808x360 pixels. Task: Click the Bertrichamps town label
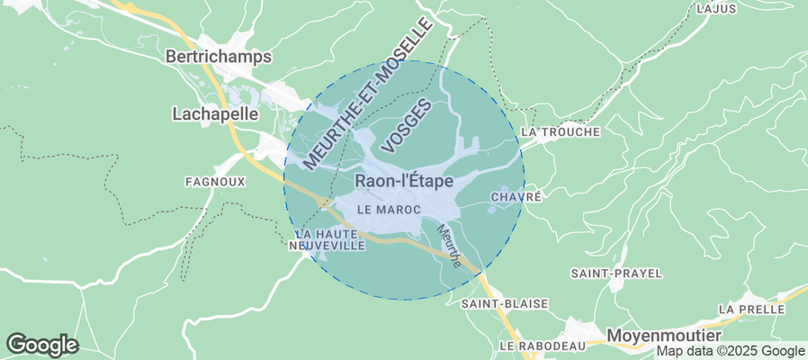point(219,56)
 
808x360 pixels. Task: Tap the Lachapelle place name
point(215,114)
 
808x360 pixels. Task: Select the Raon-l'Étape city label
point(404,180)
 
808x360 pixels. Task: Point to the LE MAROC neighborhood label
point(389,209)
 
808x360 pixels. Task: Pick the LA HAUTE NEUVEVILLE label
point(327,238)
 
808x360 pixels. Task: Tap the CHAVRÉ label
point(516,196)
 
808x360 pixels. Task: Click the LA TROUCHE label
point(560,132)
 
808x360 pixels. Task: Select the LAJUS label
point(716,8)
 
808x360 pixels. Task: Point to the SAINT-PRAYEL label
point(616,273)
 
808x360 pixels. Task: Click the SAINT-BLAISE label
point(504,304)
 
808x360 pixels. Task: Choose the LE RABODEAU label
point(543,346)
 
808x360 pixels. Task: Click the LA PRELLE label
point(752,309)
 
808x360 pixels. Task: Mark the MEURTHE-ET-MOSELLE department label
point(367,93)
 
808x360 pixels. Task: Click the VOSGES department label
point(407,125)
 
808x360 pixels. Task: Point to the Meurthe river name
point(449,246)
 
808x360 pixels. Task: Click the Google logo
point(42,344)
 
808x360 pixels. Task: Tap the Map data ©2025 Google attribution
point(730,351)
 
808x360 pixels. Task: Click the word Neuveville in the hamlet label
point(327,245)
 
